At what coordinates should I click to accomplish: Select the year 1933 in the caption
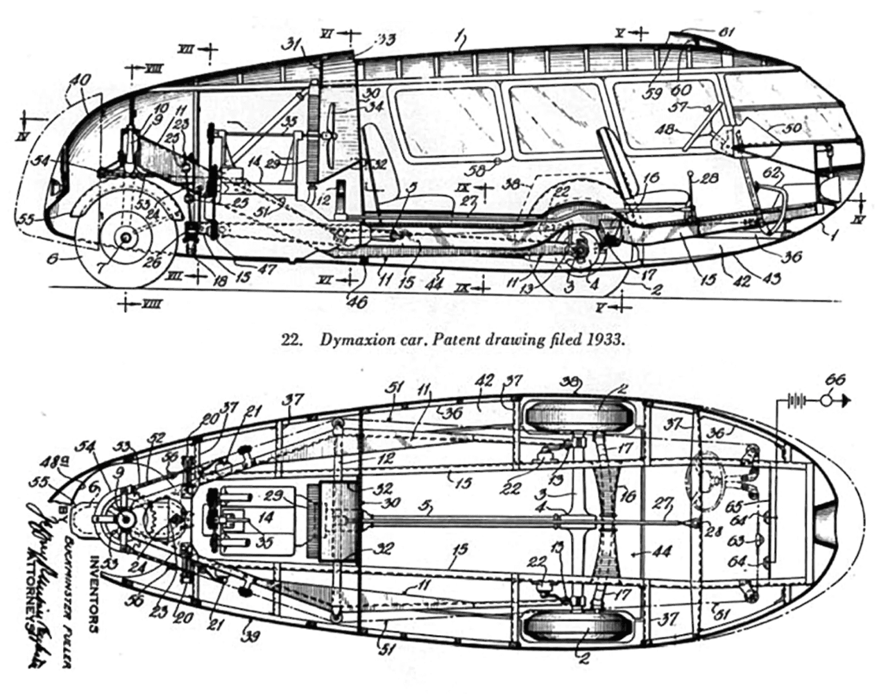610,341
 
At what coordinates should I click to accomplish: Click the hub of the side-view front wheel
126,237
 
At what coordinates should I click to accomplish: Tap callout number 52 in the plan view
157,439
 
